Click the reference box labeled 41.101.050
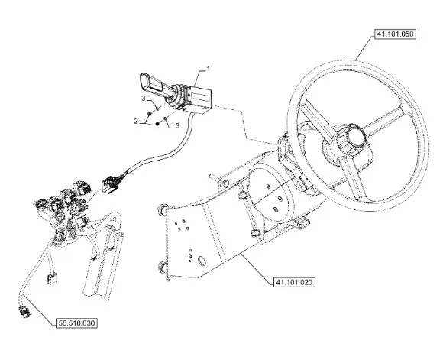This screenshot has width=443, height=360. pyautogui.click(x=395, y=34)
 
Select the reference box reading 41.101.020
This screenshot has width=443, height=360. pyautogui.click(x=294, y=282)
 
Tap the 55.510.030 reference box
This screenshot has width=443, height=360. pyautogui.click(x=76, y=323)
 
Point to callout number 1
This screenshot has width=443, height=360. pyautogui.click(x=209, y=69)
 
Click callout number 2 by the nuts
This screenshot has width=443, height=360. pyautogui.click(x=136, y=121)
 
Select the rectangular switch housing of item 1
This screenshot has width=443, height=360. pyautogui.click(x=199, y=99)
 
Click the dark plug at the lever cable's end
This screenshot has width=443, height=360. pyautogui.click(x=110, y=184)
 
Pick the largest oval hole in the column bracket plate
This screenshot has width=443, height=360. pyautogui.click(x=202, y=261)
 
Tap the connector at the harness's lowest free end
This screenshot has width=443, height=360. pyautogui.click(x=25, y=312)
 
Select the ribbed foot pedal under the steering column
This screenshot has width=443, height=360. pyautogui.click(x=301, y=223)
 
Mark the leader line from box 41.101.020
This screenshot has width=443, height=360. pyautogui.click(x=257, y=268)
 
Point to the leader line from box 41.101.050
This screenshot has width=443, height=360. pyautogui.click(x=365, y=47)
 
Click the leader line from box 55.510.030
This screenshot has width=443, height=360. pyautogui.click(x=39, y=309)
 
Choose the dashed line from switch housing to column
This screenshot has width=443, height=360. pyautogui.click(x=245, y=125)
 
